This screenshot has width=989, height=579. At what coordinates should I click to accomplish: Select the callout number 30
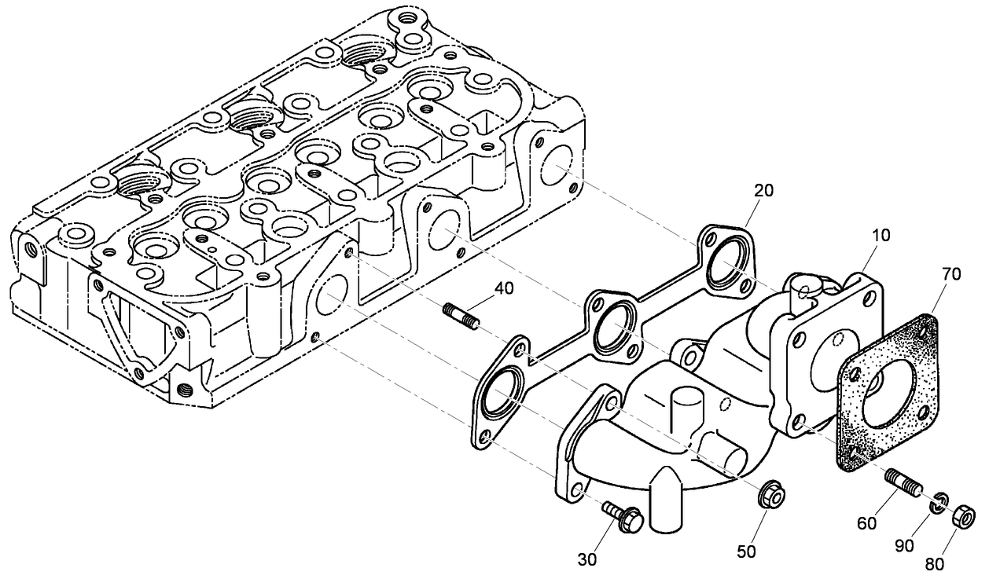click(586, 559)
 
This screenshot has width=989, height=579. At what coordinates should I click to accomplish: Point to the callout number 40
click(504, 288)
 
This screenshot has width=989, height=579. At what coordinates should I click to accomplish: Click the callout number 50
click(746, 552)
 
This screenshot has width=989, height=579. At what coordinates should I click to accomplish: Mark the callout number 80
click(934, 563)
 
